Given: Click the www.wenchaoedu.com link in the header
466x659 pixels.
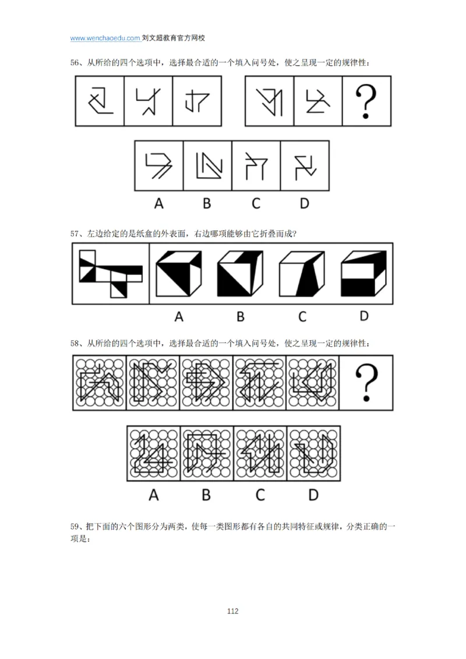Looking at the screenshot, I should pyautogui.click(x=105, y=38).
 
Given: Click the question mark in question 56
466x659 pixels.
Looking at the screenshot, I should pyautogui.click(x=366, y=101).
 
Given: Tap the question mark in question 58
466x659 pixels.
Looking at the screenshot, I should pyautogui.click(x=366, y=383).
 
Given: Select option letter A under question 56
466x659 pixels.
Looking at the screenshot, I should pyautogui.click(x=158, y=203).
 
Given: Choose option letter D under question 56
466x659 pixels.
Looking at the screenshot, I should pyautogui.click(x=305, y=203).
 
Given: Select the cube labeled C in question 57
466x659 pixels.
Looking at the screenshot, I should pyautogui.click(x=301, y=274).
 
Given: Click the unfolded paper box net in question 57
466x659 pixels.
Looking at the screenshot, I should pyautogui.click(x=110, y=273).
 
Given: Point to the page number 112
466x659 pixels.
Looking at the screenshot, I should pyautogui.click(x=232, y=611).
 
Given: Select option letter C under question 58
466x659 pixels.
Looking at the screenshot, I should pyautogui.click(x=259, y=495).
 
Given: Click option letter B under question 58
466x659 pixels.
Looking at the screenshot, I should pyautogui.click(x=206, y=495).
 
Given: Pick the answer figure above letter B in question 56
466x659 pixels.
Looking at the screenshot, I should pyautogui.click(x=207, y=165).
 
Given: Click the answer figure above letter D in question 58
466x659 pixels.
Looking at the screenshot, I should pyautogui.click(x=313, y=453).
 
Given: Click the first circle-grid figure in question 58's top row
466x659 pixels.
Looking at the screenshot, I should pyautogui.click(x=99, y=382).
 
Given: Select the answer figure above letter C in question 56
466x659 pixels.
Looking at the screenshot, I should pyautogui.click(x=256, y=165).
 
